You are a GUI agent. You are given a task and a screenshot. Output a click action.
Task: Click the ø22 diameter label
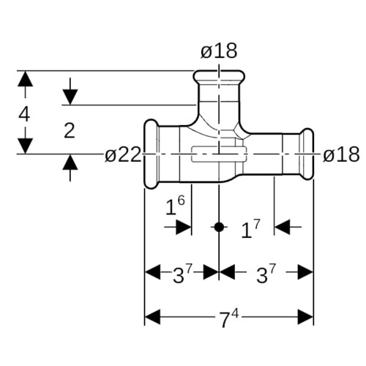(123, 154)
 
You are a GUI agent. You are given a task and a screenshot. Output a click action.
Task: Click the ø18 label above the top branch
(219, 51)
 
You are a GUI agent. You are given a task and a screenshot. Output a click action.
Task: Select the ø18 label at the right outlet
(341, 154)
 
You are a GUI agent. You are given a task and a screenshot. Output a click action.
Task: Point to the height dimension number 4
(24, 114)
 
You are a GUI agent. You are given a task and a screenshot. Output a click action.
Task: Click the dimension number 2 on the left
(70, 131)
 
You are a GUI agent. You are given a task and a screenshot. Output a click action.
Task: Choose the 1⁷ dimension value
(251, 229)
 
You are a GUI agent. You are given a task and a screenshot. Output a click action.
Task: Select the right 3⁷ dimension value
(266, 274)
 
